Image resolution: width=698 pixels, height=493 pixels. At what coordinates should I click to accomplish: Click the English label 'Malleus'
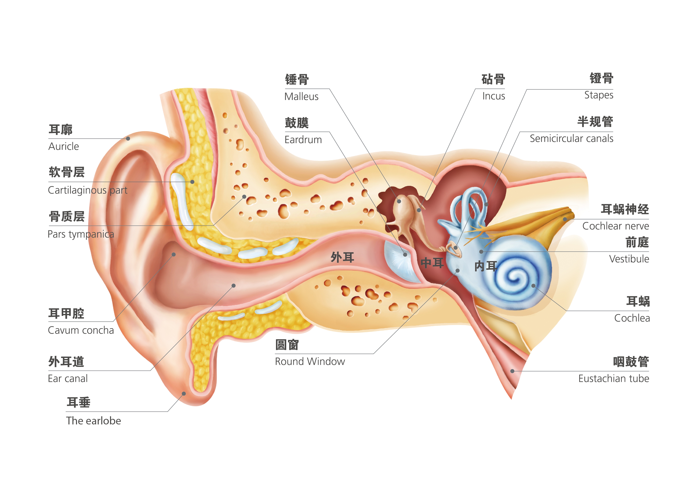tap(301, 97)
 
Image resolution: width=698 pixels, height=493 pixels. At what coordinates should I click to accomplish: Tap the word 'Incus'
tap(493, 96)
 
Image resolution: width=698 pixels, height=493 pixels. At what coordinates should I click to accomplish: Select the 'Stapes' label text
tap(598, 95)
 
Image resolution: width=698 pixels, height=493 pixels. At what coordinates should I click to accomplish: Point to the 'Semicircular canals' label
tap(571, 139)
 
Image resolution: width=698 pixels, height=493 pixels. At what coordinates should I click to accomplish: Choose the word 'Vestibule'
tap(629, 259)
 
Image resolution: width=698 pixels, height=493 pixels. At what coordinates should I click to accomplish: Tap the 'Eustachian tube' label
tap(613, 378)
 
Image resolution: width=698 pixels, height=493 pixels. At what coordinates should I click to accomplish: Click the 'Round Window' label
tap(310, 361)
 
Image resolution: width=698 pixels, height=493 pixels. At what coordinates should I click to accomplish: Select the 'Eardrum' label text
tap(303, 140)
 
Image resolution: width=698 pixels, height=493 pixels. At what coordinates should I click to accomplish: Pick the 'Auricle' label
tap(63, 147)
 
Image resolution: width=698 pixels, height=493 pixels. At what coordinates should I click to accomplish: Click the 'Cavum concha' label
tap(81, 330)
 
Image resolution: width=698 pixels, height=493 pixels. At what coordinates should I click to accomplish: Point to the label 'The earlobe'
tap(94, 421)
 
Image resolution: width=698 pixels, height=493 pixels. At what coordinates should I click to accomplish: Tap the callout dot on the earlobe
tap(184, 394)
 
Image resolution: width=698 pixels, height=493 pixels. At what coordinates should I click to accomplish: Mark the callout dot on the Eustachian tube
tap(512, 371)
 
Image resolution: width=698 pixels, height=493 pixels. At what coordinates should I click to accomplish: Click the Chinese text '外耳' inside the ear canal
tap(342, 257)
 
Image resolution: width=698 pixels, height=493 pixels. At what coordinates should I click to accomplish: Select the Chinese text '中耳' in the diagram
tap(432, 263)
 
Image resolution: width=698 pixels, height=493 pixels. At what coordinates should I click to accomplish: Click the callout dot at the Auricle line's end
tap(128, 139)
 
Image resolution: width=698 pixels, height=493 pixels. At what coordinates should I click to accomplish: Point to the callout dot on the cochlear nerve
tap(565, 219)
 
